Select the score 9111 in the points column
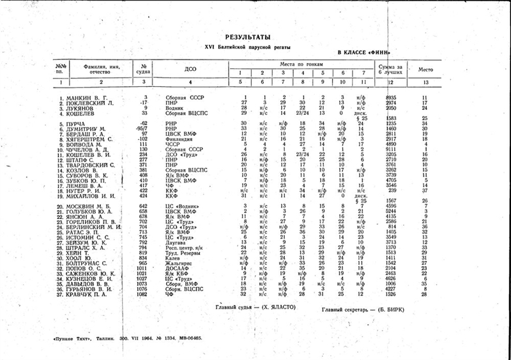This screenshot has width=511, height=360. click(391, 149)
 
